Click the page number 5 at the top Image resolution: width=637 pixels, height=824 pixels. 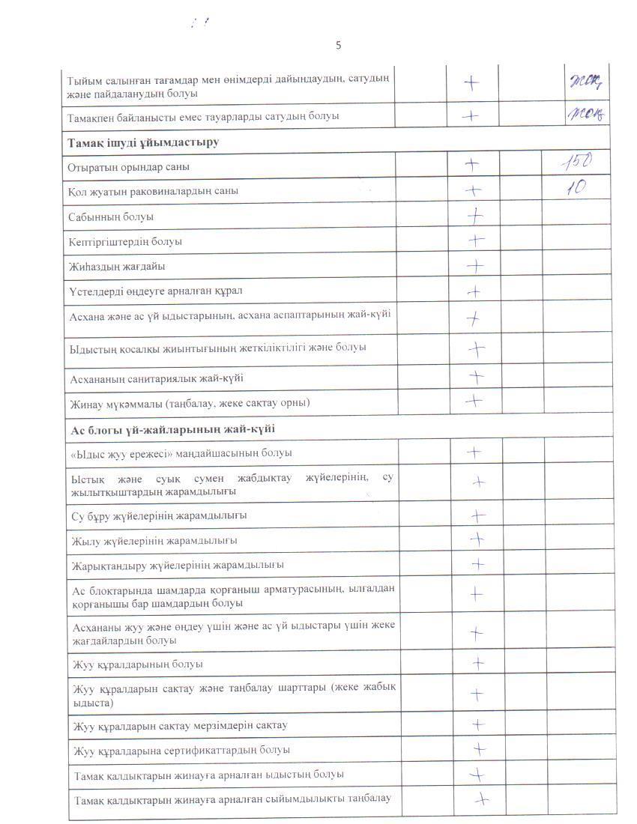pyautogui.click(x=338, y=45)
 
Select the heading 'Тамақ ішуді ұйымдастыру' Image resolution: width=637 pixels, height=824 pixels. pyautogui.click(x=143, y=142)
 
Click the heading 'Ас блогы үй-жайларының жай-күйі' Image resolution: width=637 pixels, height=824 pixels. pyautogui.click(x=173, y=428)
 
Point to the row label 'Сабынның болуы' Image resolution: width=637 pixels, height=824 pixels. pyautogui.click(x=111, y=216)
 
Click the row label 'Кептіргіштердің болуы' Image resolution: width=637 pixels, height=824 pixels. pyautogui.click(x=125, y=241)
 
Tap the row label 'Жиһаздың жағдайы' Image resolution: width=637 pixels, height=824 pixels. pyautogui.click(x=117, y=266)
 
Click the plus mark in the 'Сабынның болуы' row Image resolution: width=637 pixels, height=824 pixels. pyautogui.click(x=474, y=216)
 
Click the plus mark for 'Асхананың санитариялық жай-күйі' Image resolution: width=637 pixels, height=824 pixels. pyautogui.click(x=476, y=376)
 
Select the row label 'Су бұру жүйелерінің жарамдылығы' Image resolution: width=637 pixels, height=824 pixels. pyautogui.click(x=160, y=515)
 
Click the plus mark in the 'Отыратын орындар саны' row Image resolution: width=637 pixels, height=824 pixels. pyautogui.click(x=472, y=163)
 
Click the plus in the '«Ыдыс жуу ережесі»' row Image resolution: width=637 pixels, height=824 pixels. pyautogui.click(x=474, y=452)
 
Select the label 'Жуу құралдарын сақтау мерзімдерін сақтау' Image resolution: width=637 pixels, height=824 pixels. pyautogui.click(x=180, y=725)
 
